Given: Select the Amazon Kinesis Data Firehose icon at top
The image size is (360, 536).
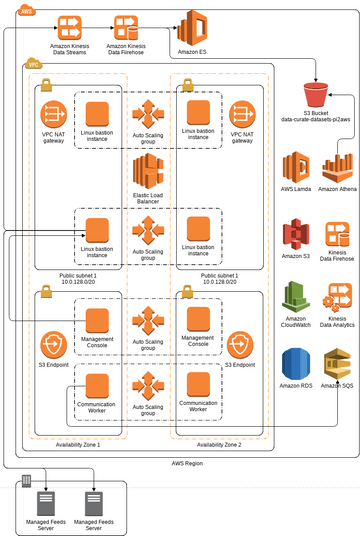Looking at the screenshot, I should [127, 26].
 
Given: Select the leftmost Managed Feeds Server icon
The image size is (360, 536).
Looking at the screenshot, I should [44, 502].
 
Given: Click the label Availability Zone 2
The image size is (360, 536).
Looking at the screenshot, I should [219, 444].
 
